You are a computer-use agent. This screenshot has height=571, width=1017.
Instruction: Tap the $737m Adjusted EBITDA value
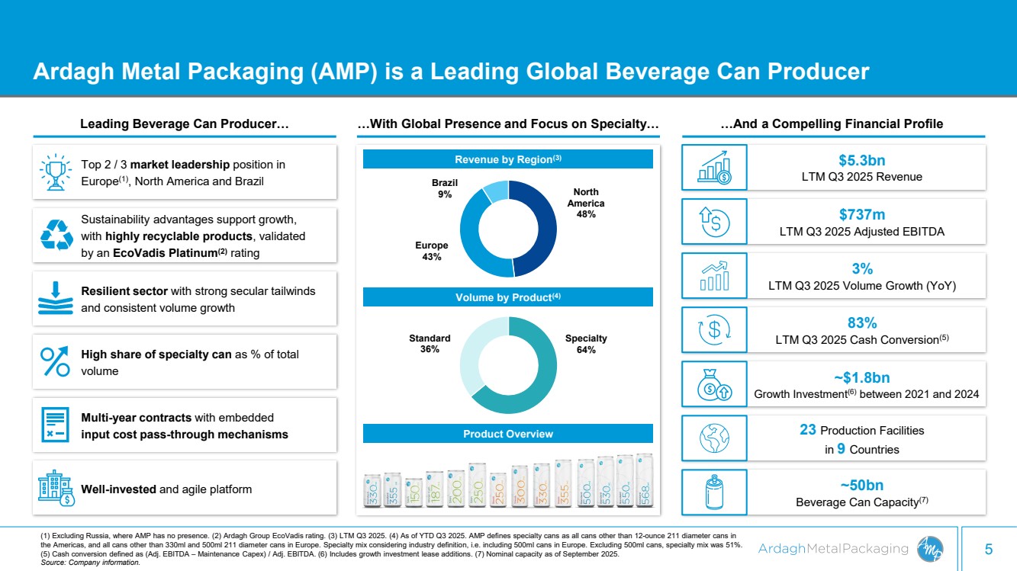click(863, 215)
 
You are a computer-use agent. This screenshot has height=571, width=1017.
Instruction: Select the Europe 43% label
click(431, 252)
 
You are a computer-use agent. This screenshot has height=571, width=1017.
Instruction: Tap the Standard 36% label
click(430, 344)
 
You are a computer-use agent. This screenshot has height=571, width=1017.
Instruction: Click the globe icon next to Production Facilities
click(715, 438)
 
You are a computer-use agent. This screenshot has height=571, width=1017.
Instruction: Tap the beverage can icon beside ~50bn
click(715, 492)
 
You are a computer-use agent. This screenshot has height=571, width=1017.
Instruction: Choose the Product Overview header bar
click(507, 434)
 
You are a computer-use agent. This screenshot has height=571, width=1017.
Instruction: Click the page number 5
click(989, 548)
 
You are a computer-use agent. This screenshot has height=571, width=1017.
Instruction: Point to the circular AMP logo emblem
click(932, 548)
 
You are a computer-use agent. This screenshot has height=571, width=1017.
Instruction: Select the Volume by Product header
click(507, 297)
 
